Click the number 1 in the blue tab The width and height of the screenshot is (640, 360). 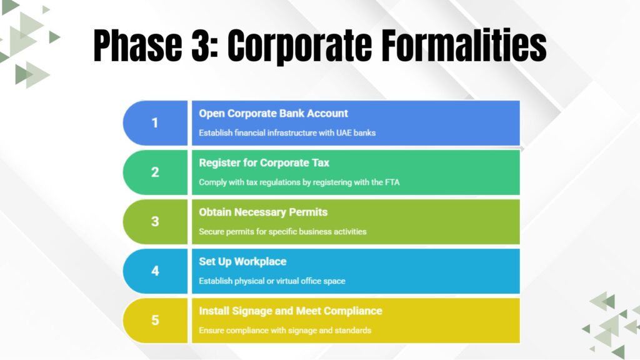(x=155, y=123)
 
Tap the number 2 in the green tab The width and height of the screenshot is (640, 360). (x=155, y=172)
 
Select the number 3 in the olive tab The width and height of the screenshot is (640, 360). (x=155, y=222)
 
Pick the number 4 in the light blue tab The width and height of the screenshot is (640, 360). (x=155, y=271)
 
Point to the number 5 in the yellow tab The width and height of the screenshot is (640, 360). (x=155, y=321)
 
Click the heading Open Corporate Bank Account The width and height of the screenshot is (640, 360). (x=273, y=114)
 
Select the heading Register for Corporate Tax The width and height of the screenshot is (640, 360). (x=264, y=163)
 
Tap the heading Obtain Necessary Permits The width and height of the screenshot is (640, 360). (x=263, y=212)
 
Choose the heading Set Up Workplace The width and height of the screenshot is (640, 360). (x=242, y=262)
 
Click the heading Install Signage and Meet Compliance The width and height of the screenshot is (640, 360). (x=290, y=311)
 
